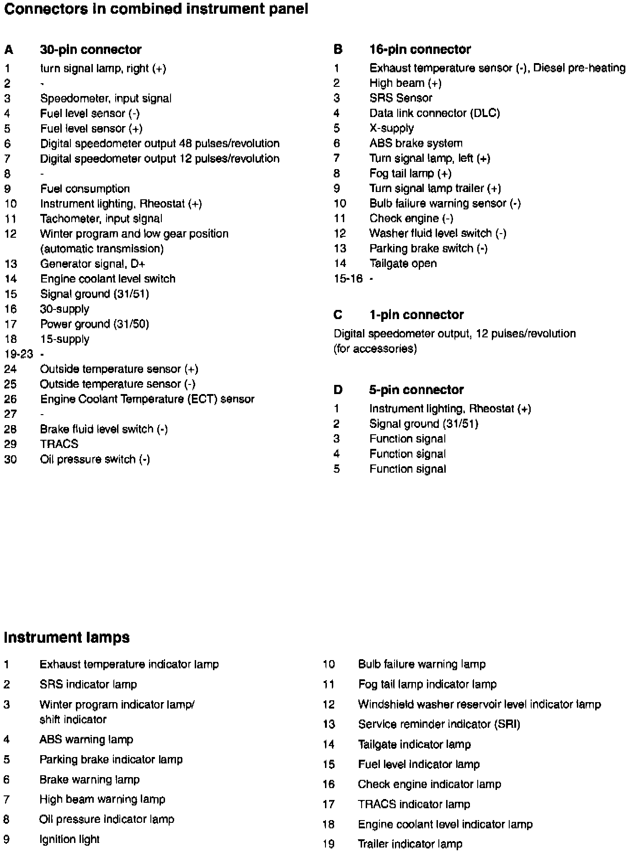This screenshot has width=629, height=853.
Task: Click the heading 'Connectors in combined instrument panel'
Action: click(155, 9)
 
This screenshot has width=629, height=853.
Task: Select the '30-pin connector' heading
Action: click(91, 49)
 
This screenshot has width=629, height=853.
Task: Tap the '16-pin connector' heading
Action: click(420, 49)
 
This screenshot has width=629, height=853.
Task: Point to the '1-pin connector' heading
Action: click(416, 315)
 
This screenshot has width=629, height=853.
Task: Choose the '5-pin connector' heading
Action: click(416, 389)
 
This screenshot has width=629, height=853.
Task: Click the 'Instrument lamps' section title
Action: click(67, 637)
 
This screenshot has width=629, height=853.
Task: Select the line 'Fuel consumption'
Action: click(85, 189)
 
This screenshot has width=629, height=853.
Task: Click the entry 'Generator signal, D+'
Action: click(92, 264)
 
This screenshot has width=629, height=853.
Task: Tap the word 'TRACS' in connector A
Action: click(59, 444)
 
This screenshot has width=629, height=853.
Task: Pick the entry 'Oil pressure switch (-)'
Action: click(95, 459)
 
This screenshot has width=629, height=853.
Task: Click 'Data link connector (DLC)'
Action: click(434, 113)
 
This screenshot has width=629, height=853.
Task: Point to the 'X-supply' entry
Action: click(391, 128)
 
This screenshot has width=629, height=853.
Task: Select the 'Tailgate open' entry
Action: click(403, 263)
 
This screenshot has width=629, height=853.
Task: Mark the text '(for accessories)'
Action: click(375, 349)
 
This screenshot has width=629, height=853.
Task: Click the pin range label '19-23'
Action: click(19, 354)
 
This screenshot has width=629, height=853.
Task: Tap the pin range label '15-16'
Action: click(348, 278)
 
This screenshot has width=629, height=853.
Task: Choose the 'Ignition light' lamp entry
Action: click(69, 839)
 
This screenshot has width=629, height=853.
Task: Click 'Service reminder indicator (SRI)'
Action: click(439, 724)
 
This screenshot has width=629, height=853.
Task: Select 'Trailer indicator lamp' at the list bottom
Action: click(410, 844)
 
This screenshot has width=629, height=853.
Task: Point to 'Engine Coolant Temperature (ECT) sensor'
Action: click(147, 399)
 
